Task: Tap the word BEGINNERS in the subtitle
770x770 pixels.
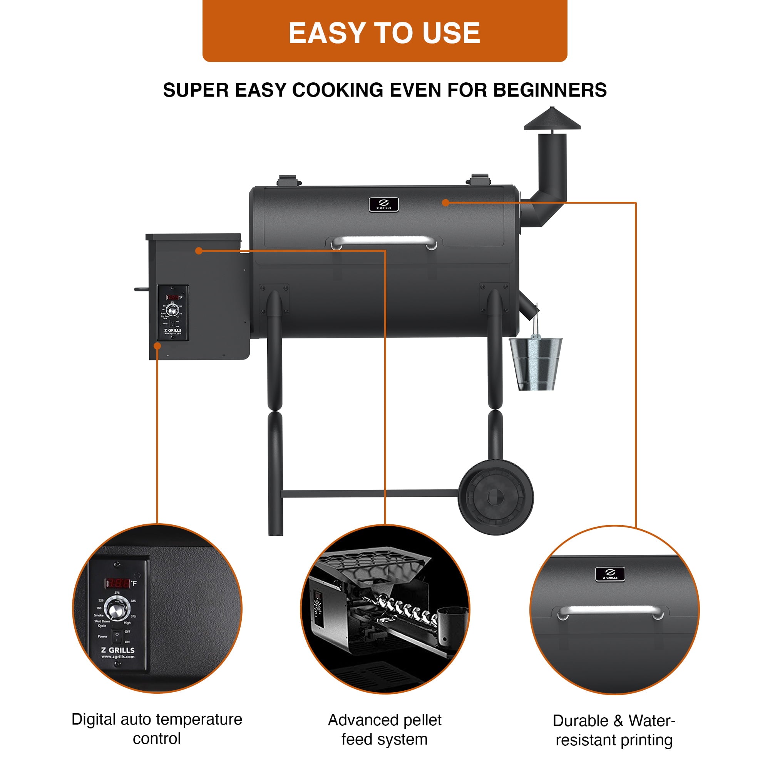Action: click(x=550, y=90)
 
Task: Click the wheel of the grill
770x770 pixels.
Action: click(x=495, y=497)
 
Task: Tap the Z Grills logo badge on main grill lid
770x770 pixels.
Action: click(x=383, y=204)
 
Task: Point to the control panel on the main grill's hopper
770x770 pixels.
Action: click(x=172, y=313)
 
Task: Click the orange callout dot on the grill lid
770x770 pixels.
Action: click(x=445, y=203)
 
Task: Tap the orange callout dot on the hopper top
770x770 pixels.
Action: click(x=199, y=250)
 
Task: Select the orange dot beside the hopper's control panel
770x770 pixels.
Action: click(x=157, y=346)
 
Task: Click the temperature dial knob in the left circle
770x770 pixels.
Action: click(x=116, y=609)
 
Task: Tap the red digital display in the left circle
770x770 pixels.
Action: click(x=117, y=584)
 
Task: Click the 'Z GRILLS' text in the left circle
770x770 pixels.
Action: click(x=117, y=650)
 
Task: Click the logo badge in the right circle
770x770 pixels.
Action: click(x=610, y=574)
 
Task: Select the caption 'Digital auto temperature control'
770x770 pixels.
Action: click(x=157, y=728)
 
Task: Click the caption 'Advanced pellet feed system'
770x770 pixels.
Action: click(x=385, y=729)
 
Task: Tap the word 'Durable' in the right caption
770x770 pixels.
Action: click(x=580, y=721)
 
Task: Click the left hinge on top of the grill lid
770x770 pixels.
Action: click(x=288, y=180)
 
